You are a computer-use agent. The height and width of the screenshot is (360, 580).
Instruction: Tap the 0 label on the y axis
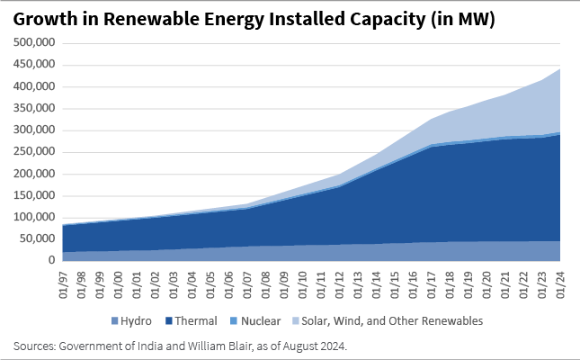click(x=52, y=260)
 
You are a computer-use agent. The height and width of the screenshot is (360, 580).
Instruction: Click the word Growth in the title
click(x=40, y=18)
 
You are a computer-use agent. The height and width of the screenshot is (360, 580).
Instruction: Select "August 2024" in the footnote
click(x=274, y=346)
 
